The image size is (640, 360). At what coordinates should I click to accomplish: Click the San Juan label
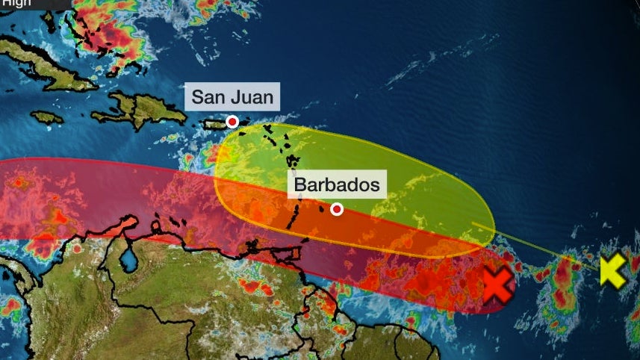pos(232,97)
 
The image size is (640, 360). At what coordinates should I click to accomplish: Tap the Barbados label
pos(337,184)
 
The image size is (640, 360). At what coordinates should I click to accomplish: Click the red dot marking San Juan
pos(233,122)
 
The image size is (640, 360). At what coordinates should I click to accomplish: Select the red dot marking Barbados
pos(337,210)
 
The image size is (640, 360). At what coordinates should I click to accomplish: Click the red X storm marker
pos(497,285)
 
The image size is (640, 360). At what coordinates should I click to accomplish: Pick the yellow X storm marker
pos(613,270)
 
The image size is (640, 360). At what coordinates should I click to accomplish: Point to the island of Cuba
pos(45,60)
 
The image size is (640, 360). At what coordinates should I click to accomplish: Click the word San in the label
pos(208,97)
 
